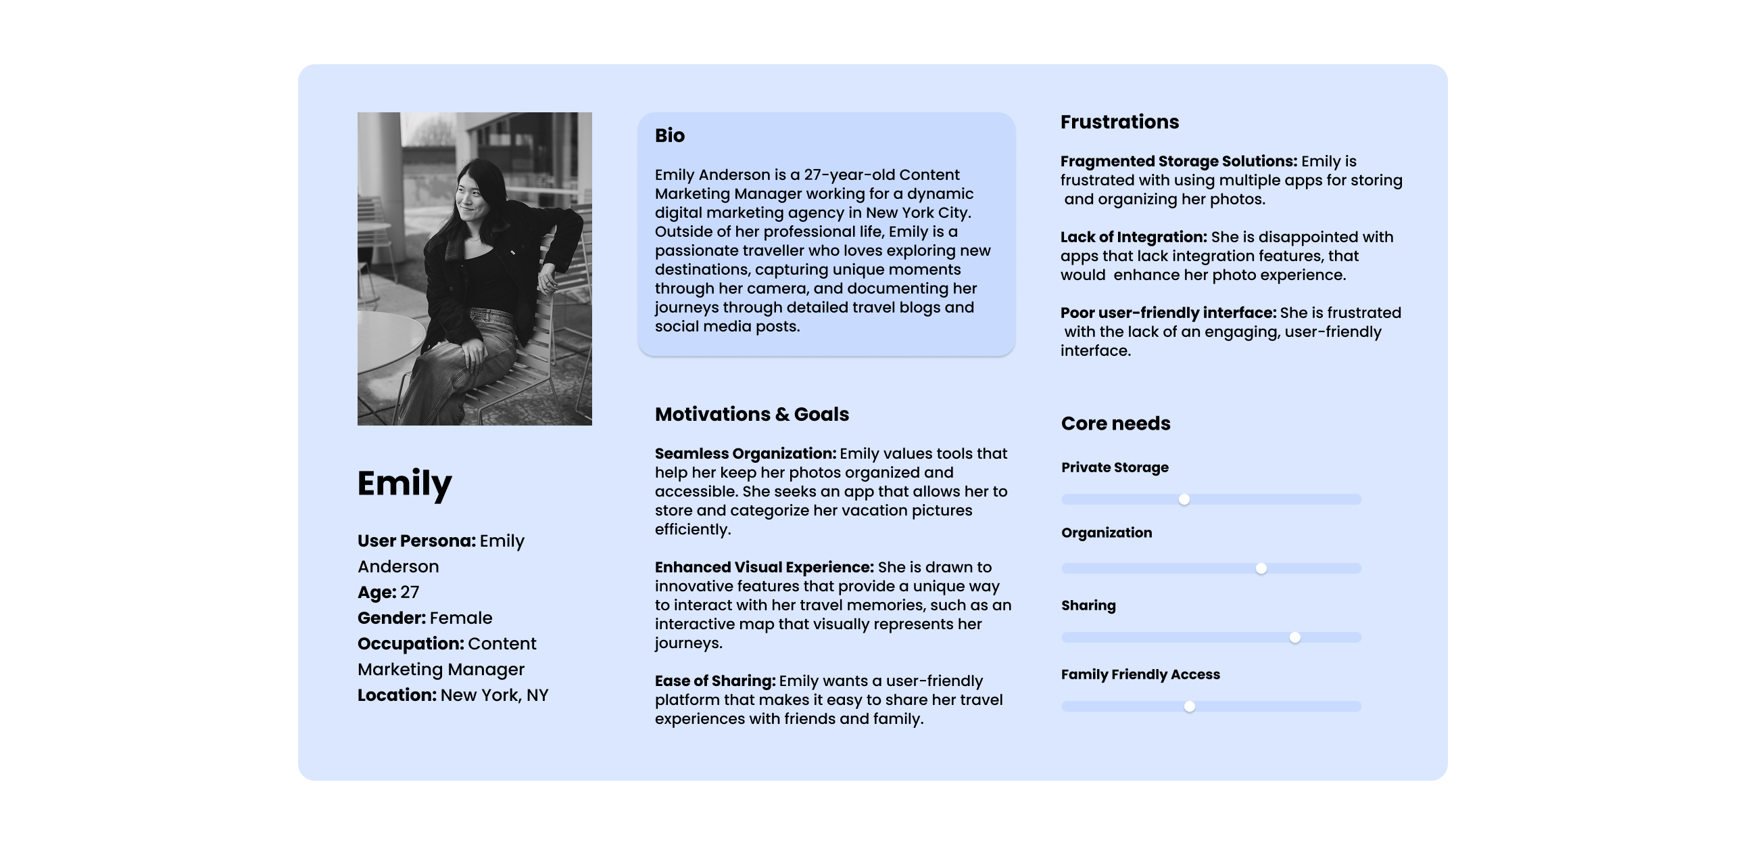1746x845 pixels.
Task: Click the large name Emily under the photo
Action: coord(404,484)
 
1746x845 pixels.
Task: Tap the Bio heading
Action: coord(670,135)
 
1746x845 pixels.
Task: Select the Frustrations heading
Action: coord(1119,122)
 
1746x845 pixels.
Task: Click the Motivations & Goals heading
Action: coord(751,414)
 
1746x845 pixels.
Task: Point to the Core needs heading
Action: coord(1115,424)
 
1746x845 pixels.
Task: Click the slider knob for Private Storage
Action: coord(1184,500)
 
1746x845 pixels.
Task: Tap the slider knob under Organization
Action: coord(1261,568)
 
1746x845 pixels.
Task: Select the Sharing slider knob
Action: coord(1294,637)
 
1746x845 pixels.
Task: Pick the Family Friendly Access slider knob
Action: coord(1190,707)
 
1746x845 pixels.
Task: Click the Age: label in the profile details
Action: coord(377,593)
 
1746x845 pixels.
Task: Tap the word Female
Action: coord(461,618)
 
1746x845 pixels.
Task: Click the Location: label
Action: coord(397,695)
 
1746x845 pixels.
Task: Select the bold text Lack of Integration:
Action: coord(1134,237)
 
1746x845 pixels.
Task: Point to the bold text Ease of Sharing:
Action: coord(714,681)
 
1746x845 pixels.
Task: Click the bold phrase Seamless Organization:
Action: coord(745,454)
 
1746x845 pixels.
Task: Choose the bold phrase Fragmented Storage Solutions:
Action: coord(1178,162)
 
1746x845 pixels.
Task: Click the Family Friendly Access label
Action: coord(1140,675)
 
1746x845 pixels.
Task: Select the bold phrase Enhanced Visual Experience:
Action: coord(764,568)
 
